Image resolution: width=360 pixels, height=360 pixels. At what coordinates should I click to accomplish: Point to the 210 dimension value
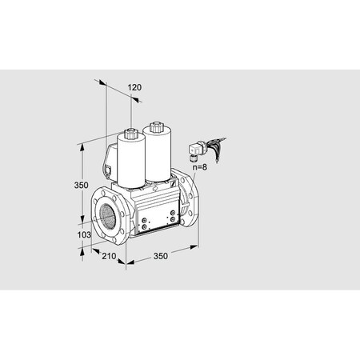109,256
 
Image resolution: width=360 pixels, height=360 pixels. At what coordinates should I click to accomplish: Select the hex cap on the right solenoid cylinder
155,126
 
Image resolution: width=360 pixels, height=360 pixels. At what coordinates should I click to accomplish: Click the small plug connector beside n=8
195,149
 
